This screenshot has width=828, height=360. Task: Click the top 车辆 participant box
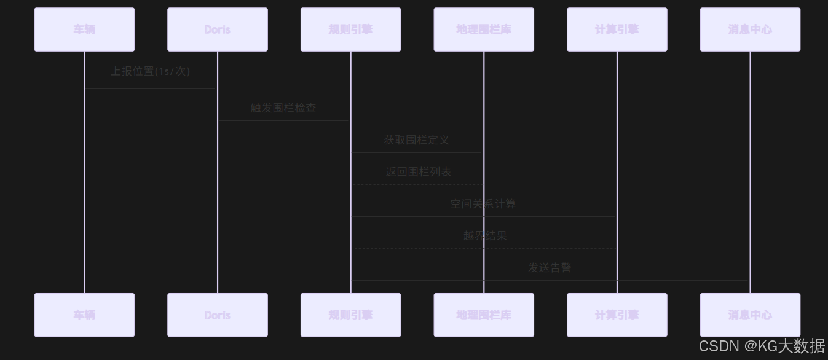pyautogui.click(x=84, y=29)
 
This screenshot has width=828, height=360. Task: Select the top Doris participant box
pyautogui.click(x=217, y=29)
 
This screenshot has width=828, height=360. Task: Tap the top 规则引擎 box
pyautogui.click(x=350, y=29)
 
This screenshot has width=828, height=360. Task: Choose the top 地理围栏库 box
pyautogui.click(x=484, y=29)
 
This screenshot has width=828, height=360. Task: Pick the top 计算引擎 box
pyautogui.click(x=617, y=29)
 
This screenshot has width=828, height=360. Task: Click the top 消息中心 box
pyautogui.click(x=750, y=29)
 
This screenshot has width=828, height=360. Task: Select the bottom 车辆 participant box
pyautogui.click(x=84, y=315)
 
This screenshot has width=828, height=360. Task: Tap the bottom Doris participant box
pyautogui.click(x=217, y=315)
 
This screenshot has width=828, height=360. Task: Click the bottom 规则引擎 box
pyautogui.click(x=350, y=315)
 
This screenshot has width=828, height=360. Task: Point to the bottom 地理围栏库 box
pyautogui.click(x=484, y=315)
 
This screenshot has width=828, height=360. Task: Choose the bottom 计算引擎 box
pyautogui.click(x=617, y=315)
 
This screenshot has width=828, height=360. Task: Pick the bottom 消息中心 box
pyautogui.click(x=750, y=315)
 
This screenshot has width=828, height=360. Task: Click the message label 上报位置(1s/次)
pyautogui.click(x=151, y=71)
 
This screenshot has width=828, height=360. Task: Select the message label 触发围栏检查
pyautogui.click(x=283, y=108)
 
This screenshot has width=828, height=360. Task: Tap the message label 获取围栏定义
pyautogui.click(x=417, y=140)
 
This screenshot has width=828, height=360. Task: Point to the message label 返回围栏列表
pyautogui.click(x=419, y=172)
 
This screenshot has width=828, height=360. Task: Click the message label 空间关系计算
pyautogui.click(x=483, y=204)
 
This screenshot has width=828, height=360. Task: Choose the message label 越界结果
pyautogui.click(x=485, y=236)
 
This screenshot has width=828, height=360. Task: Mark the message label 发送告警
pyautogui.click(x=550, y=268)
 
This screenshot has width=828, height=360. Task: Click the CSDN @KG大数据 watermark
pyautogui.click(x=762, y=346)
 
